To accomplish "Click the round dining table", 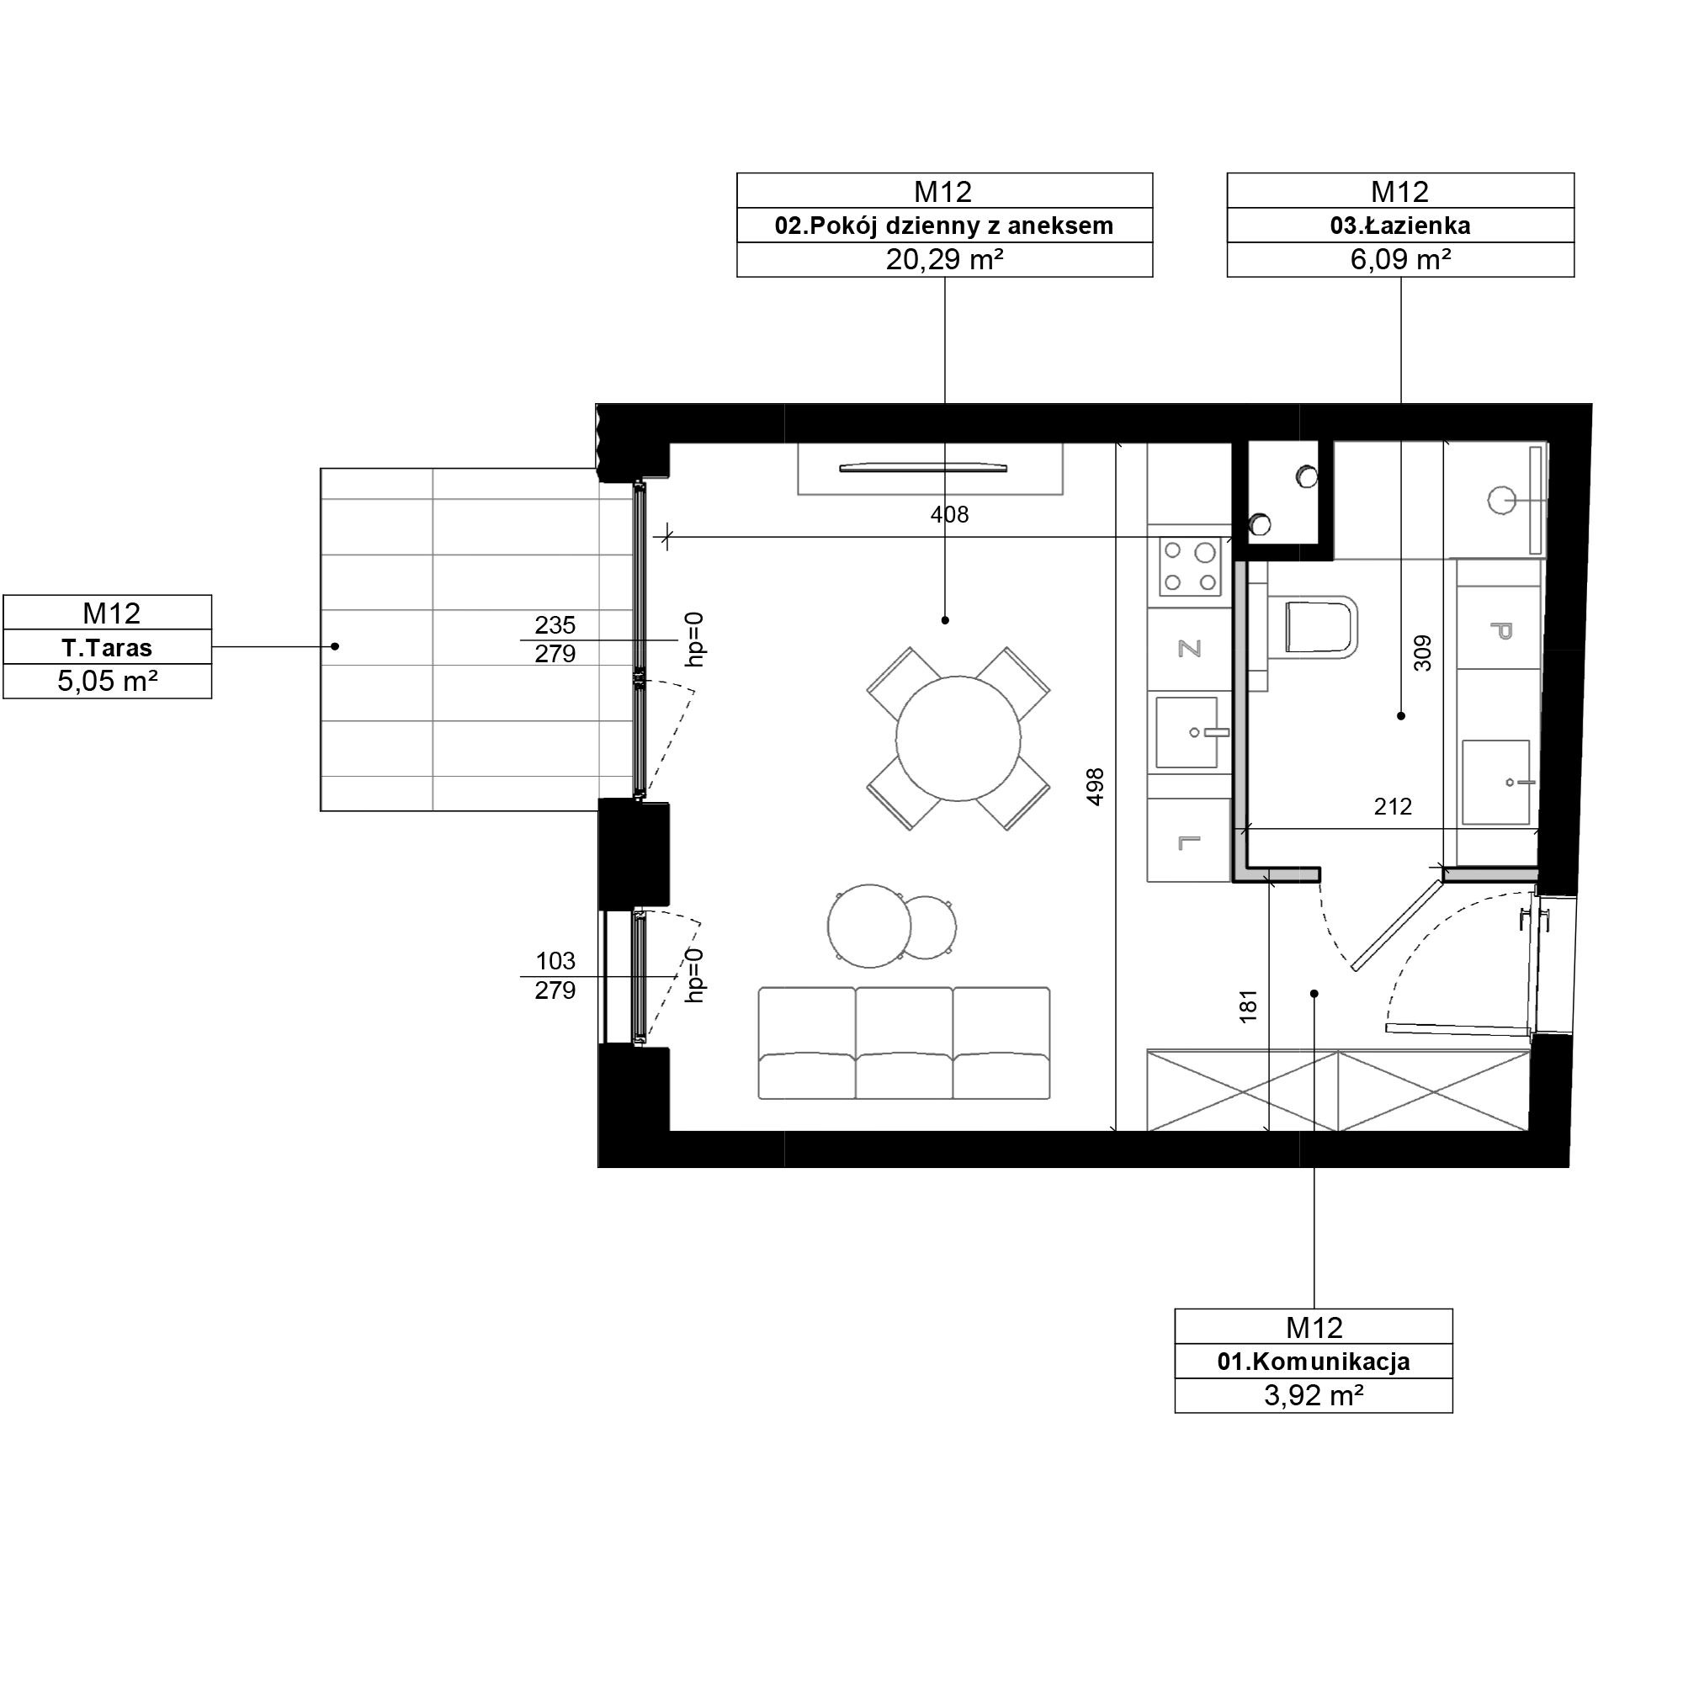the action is tap(958, 739).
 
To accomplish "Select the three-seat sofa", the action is tap(905, 1043).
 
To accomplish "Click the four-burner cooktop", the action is tap(1190, 566).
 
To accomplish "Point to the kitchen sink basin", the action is tap(1187, 733).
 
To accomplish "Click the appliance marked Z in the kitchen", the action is tap(1190, 649).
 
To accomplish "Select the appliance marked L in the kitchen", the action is tap(1189, 841).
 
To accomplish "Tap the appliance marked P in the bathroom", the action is tap(1500, 629).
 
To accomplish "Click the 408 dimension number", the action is tap(949, 515).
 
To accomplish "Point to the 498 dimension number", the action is tap(1095, 787).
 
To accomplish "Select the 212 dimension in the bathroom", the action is tap(1393, 807).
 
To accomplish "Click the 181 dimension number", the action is tap(1248, 1006).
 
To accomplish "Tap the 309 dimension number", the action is tap(1421, 653).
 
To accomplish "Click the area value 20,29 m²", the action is tap(945, 259).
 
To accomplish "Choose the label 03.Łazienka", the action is tap(1400, 226).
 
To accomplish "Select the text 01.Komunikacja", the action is tap(1314, 1362).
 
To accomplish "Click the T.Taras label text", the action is tap(107, 648).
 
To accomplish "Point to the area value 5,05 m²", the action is tap(107, 682).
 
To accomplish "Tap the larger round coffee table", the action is tap(869, 926).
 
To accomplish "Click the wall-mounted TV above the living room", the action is tap(923, 468).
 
